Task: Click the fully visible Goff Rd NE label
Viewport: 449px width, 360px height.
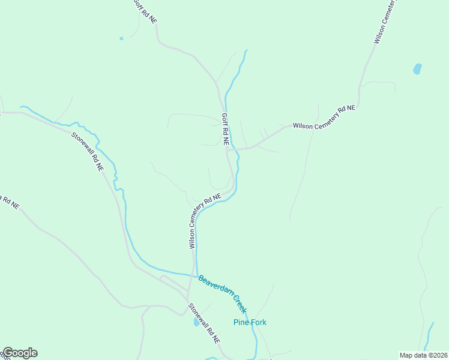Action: (x=225, y=130)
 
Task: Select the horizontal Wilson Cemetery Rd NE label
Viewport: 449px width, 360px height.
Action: (x=324, y=117)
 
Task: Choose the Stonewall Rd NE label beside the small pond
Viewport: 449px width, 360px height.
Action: (x=204, y=323)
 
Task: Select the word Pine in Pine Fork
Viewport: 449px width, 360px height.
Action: (x=240, y=322)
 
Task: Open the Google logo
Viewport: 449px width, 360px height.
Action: (x=19, y=353)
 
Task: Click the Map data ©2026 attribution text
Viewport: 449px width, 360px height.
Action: (x=423, y=355)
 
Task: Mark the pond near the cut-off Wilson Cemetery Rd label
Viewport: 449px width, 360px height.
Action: (x=417, y=69)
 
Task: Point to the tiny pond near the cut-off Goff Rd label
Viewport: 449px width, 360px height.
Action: (x=121, y=38)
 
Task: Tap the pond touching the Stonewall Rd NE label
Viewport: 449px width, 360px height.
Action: (x=196, y=322)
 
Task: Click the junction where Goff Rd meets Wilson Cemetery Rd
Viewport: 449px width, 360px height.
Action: (x=228, y=149)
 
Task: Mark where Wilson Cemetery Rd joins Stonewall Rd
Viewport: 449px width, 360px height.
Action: (x=188, y=298)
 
